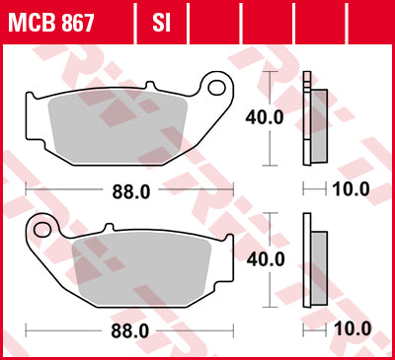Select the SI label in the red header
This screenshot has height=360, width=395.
pos(160,20)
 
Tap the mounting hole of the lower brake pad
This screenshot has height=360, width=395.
pos(42,231)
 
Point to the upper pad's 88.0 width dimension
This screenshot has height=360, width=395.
pos(130,192)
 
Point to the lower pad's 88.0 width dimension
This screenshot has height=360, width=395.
pos(130,329)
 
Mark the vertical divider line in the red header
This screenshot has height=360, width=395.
pos(137,20)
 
